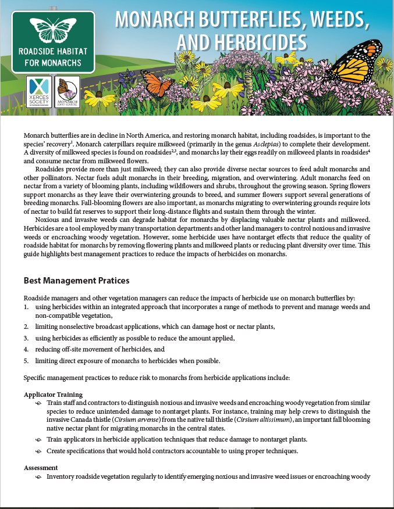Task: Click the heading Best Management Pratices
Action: click(76, 281)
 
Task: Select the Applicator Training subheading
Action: click(53, 395)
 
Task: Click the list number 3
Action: click(26, 338)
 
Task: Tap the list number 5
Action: click(26, 361)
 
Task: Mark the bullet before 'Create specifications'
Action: click(38, 451)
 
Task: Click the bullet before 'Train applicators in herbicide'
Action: click(38, 439)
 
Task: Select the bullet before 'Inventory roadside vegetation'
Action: click(38, 477)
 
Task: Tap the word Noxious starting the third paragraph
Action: click(49, 220)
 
